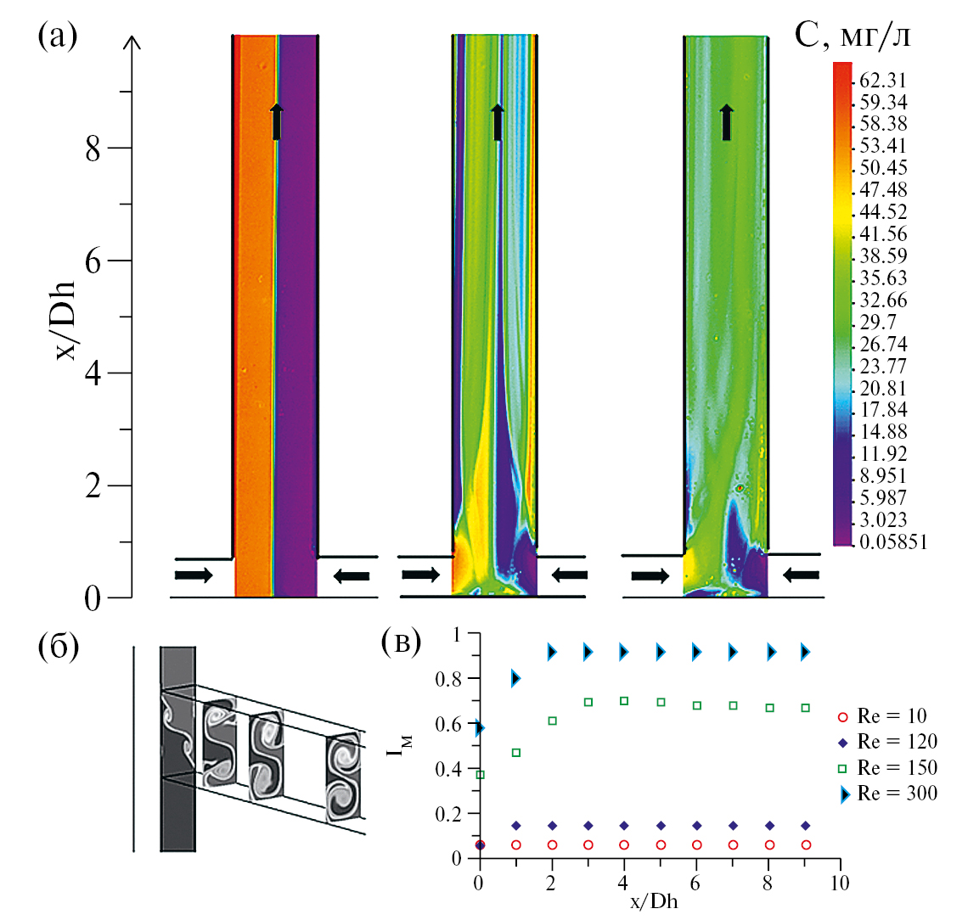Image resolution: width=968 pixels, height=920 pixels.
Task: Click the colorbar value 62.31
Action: [883, 81]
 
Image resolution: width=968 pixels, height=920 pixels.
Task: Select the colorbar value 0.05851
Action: [890, 541]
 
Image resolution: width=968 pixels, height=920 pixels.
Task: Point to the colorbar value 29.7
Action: [878, 323]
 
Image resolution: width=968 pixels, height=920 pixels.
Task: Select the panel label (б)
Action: [59, 647]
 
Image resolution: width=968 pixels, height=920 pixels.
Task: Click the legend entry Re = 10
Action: [892, 715]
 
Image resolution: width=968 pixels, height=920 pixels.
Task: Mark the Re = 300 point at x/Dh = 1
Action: [515, 678]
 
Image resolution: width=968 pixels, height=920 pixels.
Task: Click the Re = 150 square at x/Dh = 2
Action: [552, 721]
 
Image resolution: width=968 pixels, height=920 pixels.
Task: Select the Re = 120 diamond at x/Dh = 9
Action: [806, 825]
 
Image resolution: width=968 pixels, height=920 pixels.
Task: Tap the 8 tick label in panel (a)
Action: [92, 149]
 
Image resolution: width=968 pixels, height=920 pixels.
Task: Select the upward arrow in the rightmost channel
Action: [726, 122]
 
